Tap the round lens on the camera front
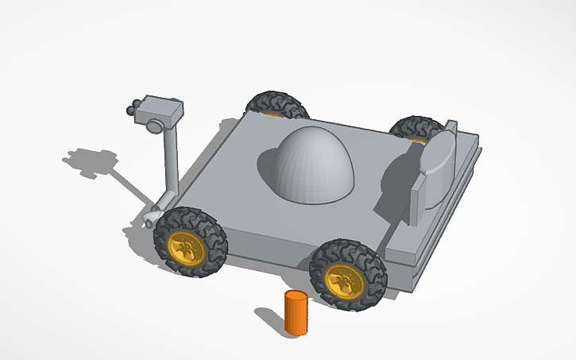[x=153, y=125]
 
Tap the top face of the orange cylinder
[x=296, y=297]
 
